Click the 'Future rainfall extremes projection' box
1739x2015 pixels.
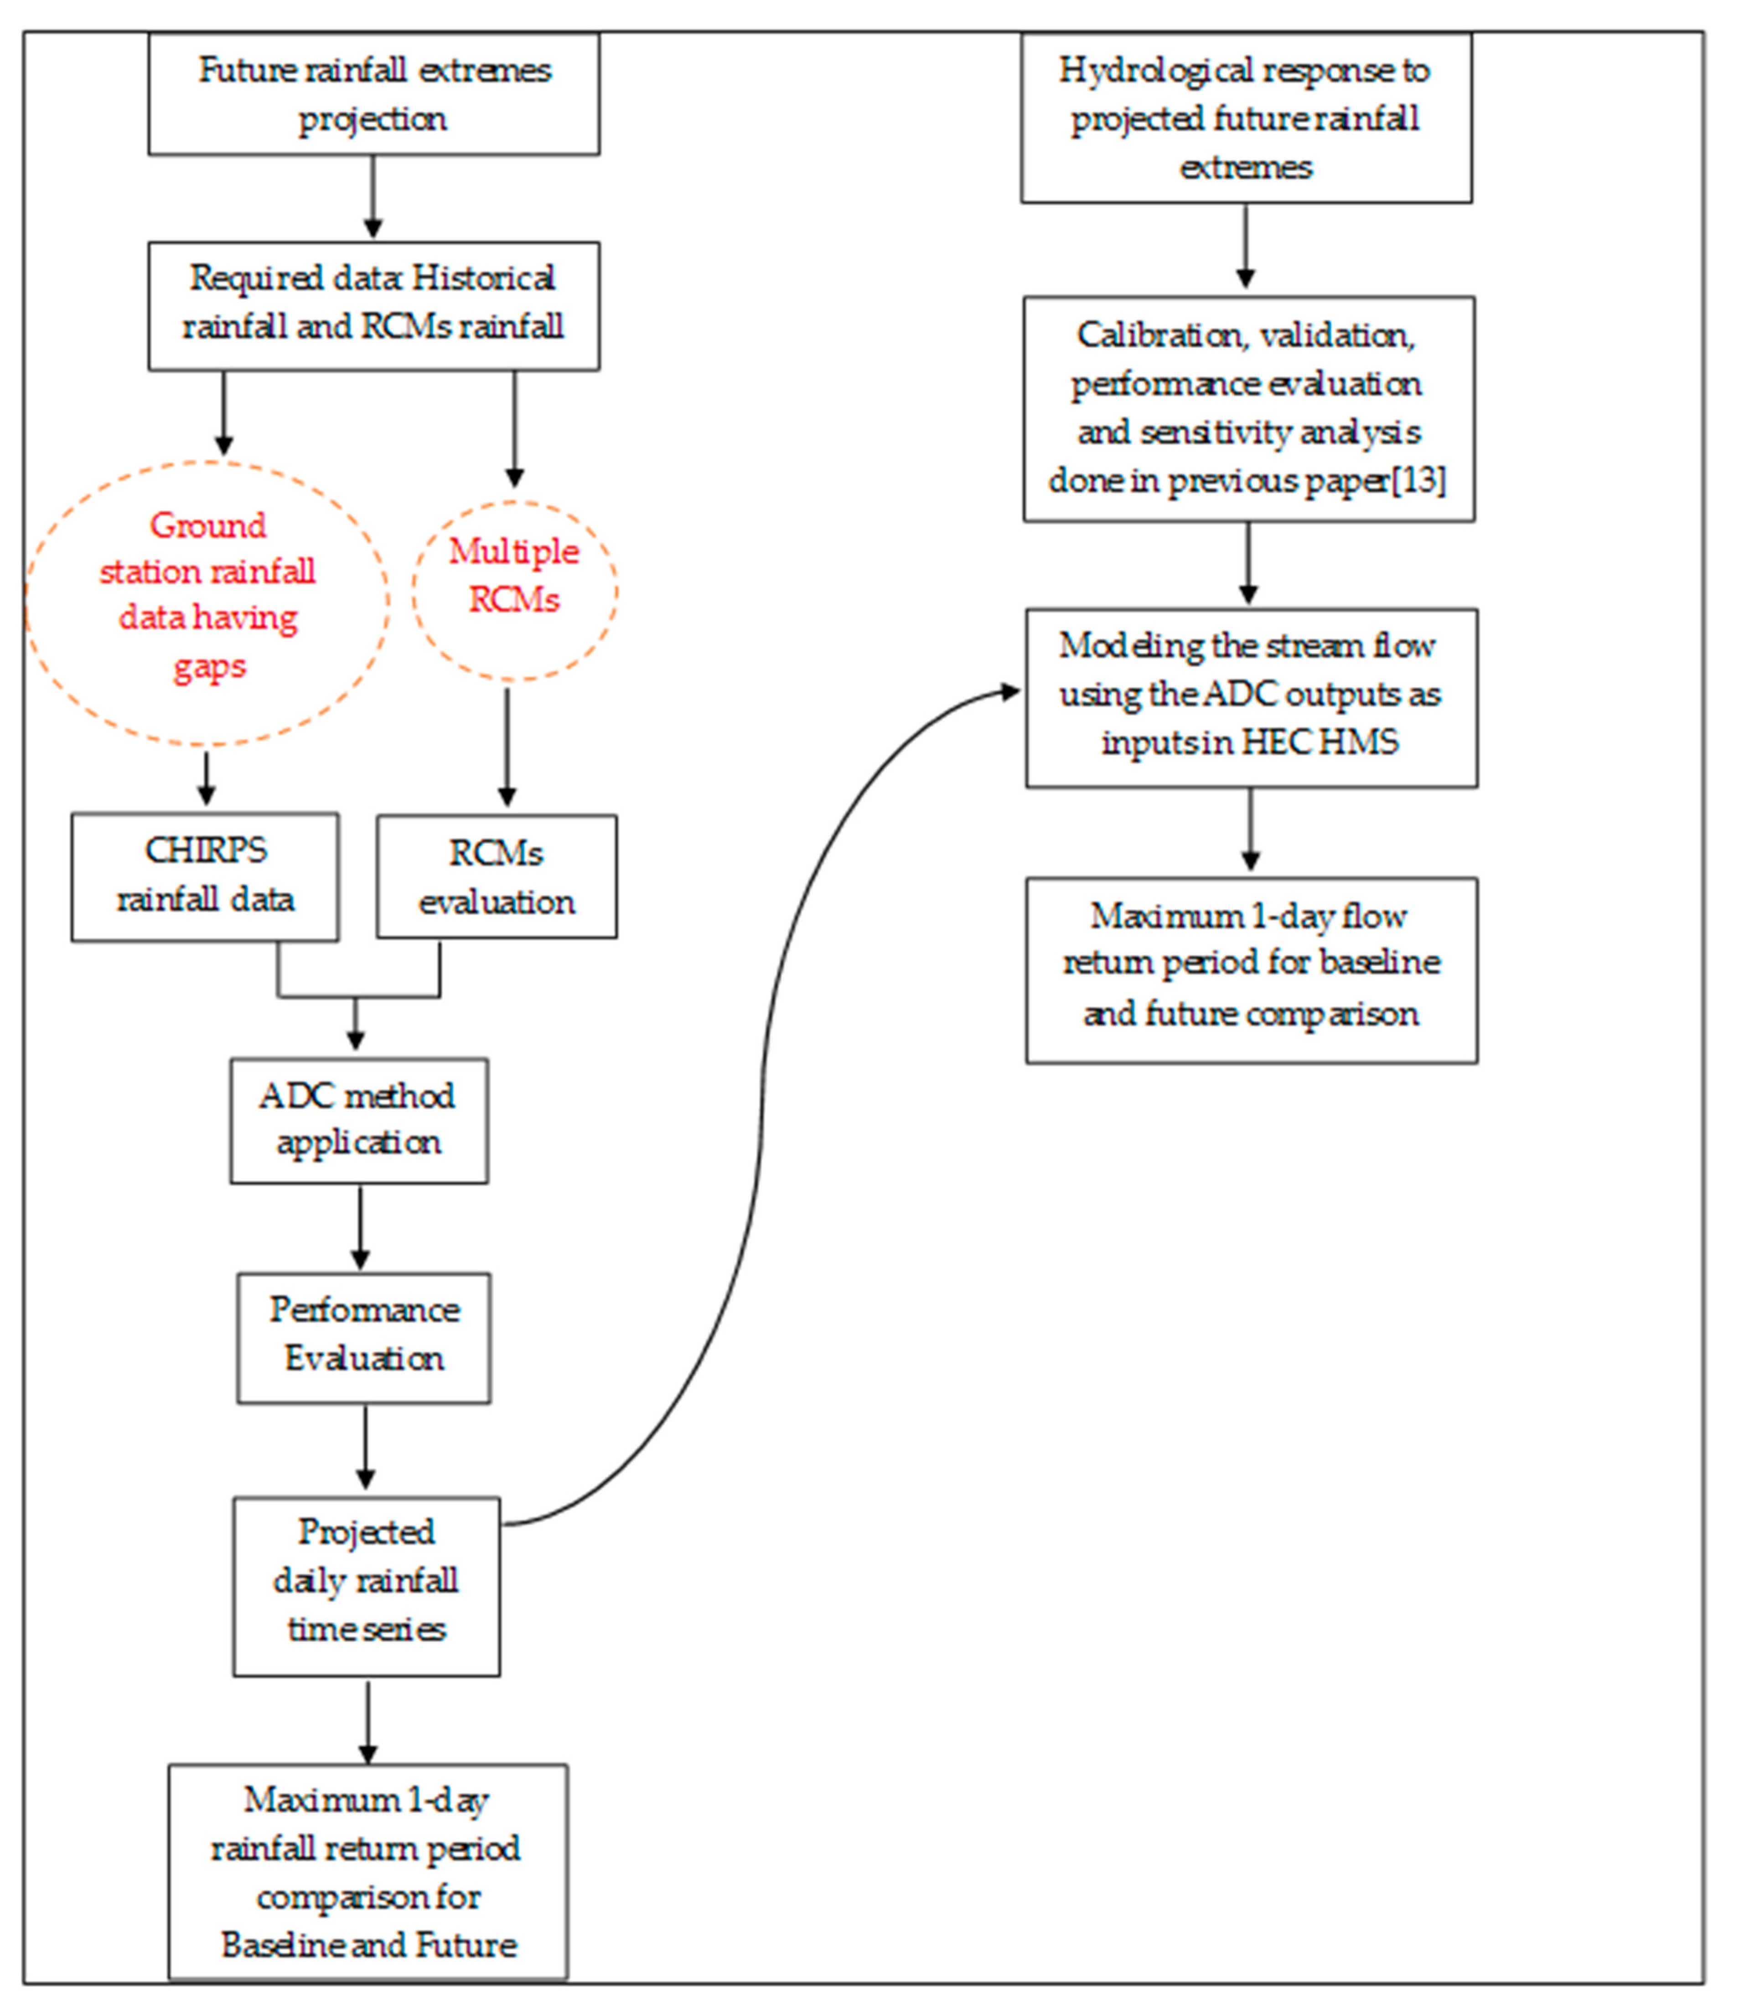pyautogui.click(x=373, y=93)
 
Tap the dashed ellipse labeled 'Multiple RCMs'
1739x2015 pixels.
pyautogui.click(x=514, y=590)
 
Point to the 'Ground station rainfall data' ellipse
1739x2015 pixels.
pyautogui.click(x=207, y=603)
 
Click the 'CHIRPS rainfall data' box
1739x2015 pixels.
pyautogui.click(x=205, y=876)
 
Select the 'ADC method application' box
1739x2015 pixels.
pyautogui.click(x=359, y=1120)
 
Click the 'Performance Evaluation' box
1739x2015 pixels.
pyautogui.click(x=364, y=1337)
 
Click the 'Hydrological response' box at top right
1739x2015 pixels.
pyautogui.click(x=1246, y=118)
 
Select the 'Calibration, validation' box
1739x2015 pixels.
pyautogui.click(x=1249, y=408)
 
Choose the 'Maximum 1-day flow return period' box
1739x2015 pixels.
pyautogui.click(x=1252, y=969)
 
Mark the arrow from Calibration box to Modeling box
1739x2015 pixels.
pyautogui.click(x=1249, y=564)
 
